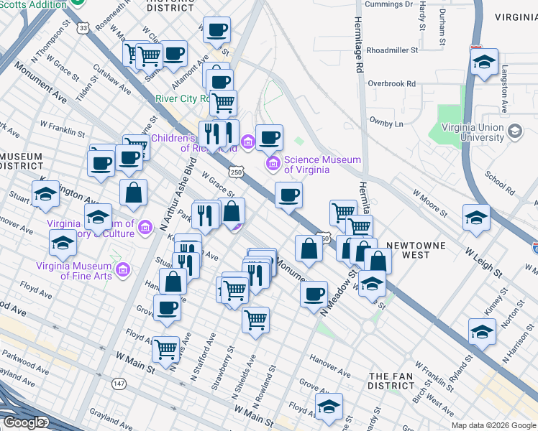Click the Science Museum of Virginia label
tap(316, 164)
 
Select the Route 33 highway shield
tap(84, 27)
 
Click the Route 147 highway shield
tap(119, 384)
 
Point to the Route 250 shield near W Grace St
tap(237, 172)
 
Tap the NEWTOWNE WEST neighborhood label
tap(416, 251)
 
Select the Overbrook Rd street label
tap(392, 83)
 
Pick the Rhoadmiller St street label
tap(392, 50)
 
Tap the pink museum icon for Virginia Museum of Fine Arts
tap(123, 270)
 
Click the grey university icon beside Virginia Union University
tap(514, 131)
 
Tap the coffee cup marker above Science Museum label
tap(270, 137)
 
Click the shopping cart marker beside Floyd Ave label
tap(165, 348)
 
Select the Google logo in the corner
tap(24, 422)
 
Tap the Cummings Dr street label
tap(388, 4)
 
